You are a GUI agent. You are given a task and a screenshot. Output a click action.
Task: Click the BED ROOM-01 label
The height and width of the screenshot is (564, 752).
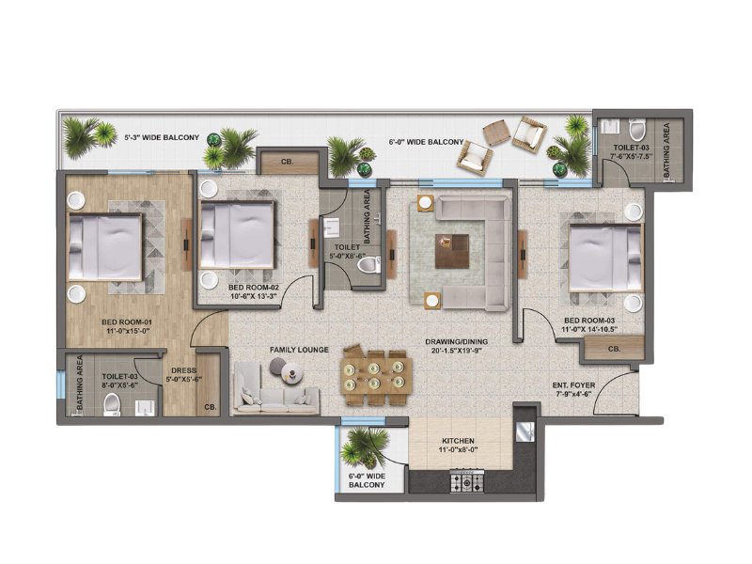pos(127,321)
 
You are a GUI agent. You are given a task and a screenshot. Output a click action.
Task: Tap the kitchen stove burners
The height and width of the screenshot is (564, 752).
pos(466,481)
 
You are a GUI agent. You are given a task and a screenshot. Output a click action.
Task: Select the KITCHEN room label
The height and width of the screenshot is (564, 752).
pos(458,441)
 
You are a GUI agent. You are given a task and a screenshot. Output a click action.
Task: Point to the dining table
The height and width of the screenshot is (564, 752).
pos(377,375)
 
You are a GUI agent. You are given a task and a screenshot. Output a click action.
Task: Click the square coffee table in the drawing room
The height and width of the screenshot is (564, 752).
pos(452,251)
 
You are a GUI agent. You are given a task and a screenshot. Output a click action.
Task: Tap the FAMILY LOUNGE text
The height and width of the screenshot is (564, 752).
pos(299,350)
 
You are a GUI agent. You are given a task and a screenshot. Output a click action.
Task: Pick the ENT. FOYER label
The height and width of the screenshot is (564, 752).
pos(573,385)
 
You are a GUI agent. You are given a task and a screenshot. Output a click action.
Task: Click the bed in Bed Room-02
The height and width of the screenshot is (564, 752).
pos(237,234)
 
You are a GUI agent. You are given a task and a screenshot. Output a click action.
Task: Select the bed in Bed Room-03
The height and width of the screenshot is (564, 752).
pos(605,258)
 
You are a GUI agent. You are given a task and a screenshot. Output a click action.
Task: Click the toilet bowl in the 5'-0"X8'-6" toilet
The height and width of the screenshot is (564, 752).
pos(368,265)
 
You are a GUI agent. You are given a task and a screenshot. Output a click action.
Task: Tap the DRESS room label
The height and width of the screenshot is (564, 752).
pos(183,370)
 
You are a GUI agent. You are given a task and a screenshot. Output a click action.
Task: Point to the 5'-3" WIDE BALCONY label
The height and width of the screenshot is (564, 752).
pos(162,137)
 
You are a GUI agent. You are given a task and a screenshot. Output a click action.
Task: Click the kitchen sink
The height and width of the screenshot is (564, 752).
pos(525,431)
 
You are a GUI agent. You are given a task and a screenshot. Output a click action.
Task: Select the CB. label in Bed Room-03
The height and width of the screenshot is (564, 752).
pos(615,349)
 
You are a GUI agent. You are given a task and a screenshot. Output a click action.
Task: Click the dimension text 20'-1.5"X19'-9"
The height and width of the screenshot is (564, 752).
pos(457,351)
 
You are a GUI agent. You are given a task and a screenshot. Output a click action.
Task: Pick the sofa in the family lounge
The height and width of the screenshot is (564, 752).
pos(275,388)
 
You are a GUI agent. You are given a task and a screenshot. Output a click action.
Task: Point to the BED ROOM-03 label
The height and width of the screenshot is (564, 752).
pos(589,321)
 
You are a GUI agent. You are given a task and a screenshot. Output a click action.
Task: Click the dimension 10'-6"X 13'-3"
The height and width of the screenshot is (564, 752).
pos(254,296)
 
